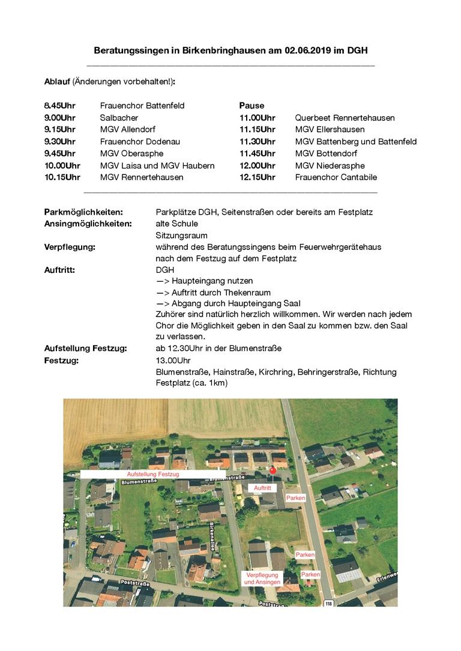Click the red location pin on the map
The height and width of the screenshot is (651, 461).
click(273, 471)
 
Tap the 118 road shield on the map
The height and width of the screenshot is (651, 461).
click(328, 602)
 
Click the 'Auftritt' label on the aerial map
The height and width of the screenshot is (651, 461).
click(263, 488)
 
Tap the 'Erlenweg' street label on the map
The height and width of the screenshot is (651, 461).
click(387, 577)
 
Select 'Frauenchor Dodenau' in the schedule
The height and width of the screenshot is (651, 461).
click(140, 141)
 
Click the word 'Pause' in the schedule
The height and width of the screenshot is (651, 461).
click(252, 106)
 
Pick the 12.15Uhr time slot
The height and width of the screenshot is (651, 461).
click(257, 177)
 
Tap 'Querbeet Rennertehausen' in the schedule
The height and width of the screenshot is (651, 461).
click(345, 117)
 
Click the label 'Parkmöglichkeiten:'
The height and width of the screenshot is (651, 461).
click(83, 212)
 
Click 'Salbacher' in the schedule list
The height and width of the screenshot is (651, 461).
click(119, 117)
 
